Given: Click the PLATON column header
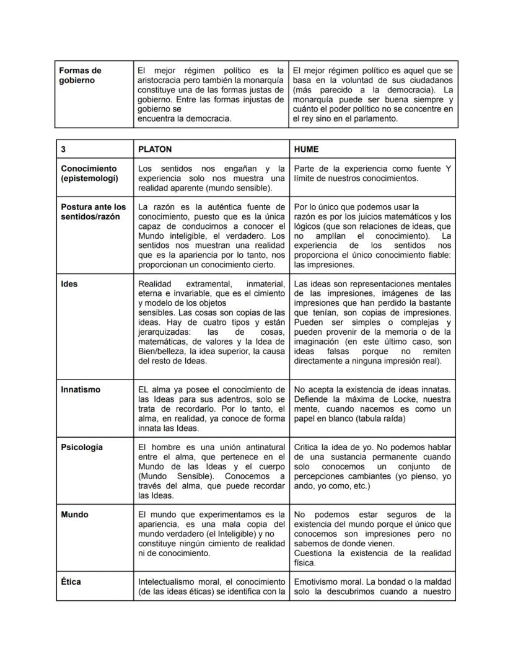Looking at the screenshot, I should [155, 149].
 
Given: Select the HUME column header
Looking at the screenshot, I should [306, 149].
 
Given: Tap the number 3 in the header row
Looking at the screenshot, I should [64, 149].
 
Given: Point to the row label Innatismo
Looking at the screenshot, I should [81, 390].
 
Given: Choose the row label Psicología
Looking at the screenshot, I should [82, 447].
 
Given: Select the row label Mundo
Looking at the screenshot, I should [74, 515].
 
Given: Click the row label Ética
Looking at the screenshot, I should [71, 582].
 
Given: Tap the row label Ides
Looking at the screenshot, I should [69, 284].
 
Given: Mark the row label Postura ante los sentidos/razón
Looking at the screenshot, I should [93, 212].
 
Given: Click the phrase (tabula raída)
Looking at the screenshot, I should [378, 418].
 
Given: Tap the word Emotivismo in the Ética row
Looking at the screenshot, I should [317, 582].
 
